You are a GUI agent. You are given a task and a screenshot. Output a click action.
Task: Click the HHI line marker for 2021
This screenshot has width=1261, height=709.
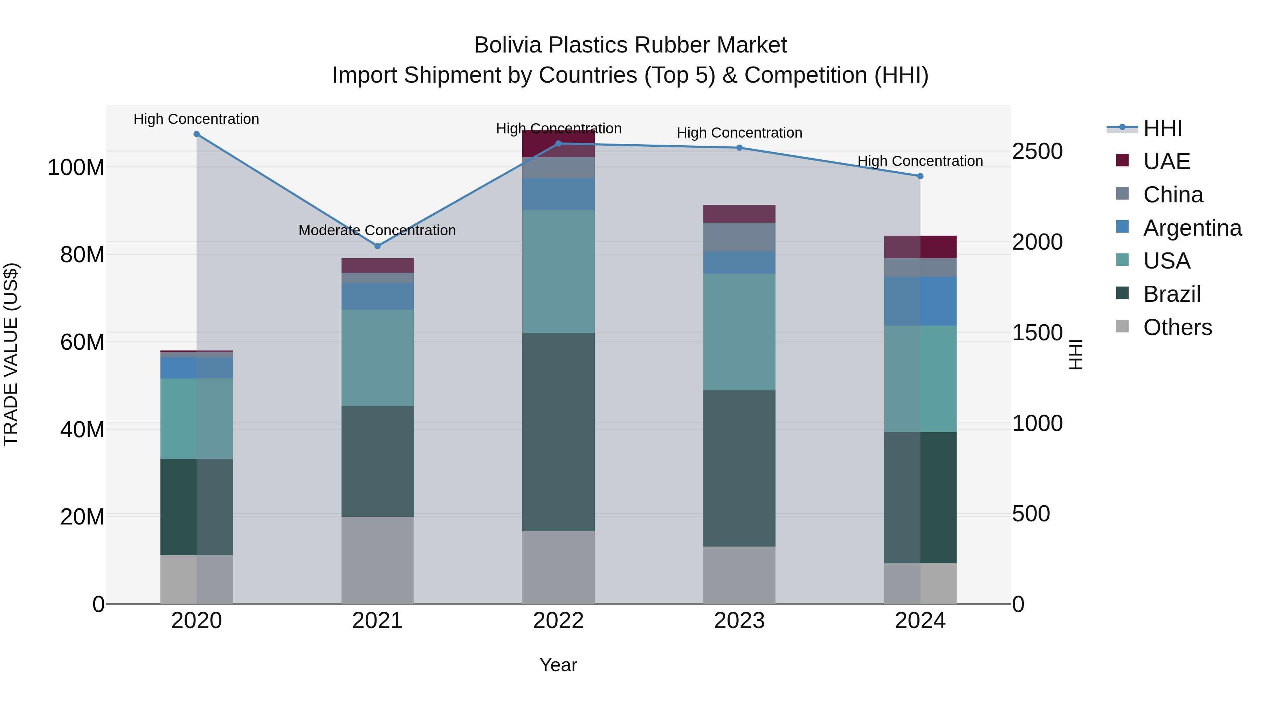click(x=377, y=246)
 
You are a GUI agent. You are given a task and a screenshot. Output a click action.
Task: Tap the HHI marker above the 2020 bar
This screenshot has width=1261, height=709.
click(x=196, y=134)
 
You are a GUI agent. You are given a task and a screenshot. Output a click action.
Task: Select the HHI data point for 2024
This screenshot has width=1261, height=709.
click(x=920, y=176)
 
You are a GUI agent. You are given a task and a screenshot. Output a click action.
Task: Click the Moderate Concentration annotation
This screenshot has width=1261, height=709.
click(x=377, y=230)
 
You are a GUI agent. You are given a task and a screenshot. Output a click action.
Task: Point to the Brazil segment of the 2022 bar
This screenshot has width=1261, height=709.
click(x=558, y=432)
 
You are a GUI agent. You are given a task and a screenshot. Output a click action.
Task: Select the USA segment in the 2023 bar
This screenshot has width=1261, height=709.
click(x=739, y=332)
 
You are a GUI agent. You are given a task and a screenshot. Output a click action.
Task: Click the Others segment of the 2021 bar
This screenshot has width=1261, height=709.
click(x=377, y=560)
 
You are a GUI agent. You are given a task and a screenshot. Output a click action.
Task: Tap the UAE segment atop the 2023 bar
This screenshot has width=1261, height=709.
click(x=739, y=214)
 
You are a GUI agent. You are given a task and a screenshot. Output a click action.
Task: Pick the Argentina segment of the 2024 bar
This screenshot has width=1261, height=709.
click(x=920, y=301)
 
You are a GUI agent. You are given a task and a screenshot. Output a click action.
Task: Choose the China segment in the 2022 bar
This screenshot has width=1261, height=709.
click(x=558, y=168)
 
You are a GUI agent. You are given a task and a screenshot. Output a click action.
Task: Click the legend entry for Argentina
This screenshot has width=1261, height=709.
click(x=1192, y=228)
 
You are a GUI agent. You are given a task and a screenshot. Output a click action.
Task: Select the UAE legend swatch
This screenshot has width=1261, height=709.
click(x=1122, y=160)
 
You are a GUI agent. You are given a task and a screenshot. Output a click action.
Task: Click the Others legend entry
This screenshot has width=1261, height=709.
click(x=1177, y=327)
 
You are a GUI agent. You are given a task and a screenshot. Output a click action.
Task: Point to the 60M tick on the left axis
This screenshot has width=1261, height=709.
click(x=82, y=342)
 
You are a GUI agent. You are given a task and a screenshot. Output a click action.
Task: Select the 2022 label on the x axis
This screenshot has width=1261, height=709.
click(x=558, y=621)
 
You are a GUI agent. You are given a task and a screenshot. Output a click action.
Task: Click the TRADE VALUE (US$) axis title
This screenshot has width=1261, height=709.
click(x=11, y=354)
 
